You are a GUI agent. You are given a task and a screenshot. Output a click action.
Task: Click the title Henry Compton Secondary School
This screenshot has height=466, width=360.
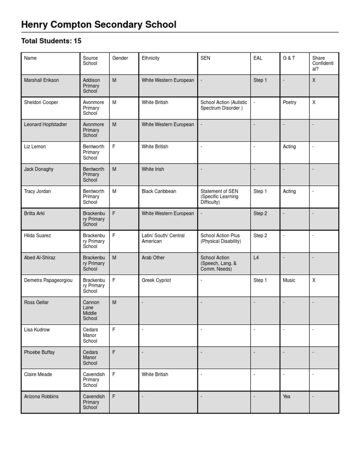99,25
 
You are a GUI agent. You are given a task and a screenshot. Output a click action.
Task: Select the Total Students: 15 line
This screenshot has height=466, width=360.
52,42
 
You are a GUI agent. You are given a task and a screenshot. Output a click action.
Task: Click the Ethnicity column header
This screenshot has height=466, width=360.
150,58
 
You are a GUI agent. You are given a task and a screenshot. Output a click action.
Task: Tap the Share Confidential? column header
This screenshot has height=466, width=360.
322,63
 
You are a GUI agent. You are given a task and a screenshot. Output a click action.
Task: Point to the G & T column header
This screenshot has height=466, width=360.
289,58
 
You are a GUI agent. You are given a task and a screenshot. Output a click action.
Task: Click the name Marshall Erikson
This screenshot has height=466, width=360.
41,80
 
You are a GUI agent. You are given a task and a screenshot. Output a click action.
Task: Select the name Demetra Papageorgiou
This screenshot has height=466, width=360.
48,280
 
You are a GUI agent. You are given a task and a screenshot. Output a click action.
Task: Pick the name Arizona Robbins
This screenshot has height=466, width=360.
41,397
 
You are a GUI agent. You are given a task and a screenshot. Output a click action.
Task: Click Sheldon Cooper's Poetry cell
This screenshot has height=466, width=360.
290,102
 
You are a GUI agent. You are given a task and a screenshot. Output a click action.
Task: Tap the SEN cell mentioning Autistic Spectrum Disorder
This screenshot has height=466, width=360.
224,105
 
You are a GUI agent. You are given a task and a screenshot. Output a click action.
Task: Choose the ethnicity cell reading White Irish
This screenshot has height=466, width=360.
153,169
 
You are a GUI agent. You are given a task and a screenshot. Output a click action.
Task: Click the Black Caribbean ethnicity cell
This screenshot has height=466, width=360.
159,191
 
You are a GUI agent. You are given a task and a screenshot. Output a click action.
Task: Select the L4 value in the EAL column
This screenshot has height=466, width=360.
256,258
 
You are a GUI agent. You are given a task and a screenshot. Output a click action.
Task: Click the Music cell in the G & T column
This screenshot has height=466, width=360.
289,280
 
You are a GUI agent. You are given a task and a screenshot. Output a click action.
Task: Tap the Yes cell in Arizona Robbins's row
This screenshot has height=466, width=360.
286,397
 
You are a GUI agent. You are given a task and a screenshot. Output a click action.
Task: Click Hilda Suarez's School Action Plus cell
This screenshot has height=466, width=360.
221,238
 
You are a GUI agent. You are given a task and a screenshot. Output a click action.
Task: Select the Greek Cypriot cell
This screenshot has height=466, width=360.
156,280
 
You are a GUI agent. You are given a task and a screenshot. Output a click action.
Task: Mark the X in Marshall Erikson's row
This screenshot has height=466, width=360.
314,80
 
